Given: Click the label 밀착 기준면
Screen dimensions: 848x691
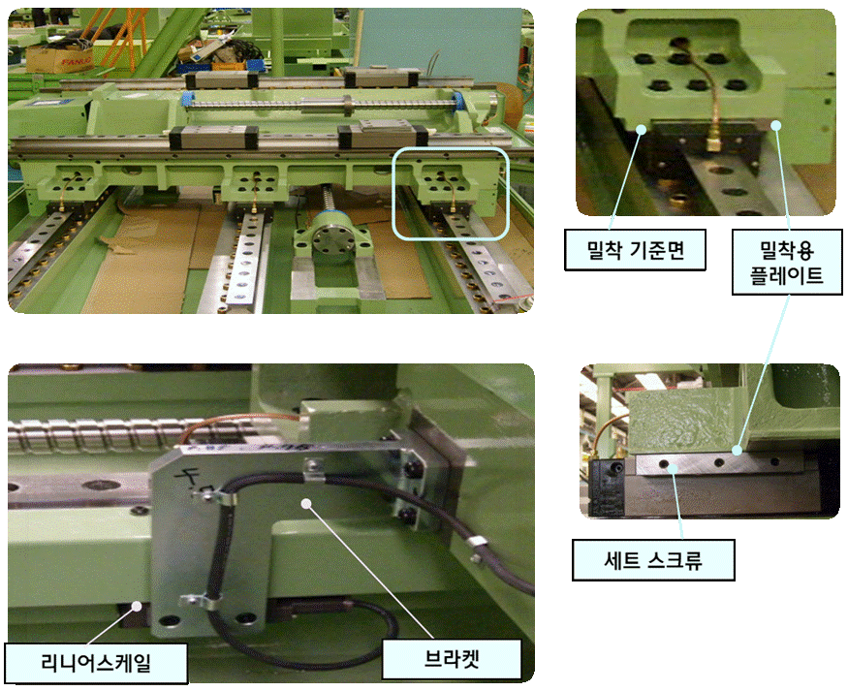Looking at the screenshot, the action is [x=635, y=250].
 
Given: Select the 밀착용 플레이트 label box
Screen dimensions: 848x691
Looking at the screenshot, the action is [x=787, y=263].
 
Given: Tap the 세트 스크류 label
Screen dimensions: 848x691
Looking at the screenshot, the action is [x=653, y=559].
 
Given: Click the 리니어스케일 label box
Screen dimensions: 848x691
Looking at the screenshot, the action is [x=96, y=663].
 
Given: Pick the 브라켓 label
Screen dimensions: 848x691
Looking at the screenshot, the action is [x=452, y=659].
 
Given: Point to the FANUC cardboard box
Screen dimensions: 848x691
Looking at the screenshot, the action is [x=59, y=58].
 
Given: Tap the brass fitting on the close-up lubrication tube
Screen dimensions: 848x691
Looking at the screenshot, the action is [x=713, y=142].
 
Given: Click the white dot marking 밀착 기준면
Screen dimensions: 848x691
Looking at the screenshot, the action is [x=642, y=129].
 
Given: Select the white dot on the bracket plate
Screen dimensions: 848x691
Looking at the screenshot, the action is [x=306, y=503].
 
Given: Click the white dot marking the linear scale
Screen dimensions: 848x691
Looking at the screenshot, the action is [x=137, y=606].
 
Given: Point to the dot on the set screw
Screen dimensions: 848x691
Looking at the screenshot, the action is [x=673, y=468].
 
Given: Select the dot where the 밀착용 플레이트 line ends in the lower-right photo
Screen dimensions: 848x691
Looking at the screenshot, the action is [x=736, y=450].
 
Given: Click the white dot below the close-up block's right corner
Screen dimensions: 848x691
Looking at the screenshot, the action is [x=776, y=125].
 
